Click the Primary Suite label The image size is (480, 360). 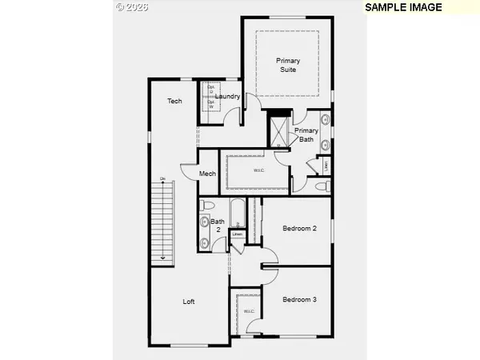(288, 65)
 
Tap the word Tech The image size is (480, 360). (174, 101)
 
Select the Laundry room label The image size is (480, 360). (229, 98)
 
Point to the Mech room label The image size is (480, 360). (207, 174)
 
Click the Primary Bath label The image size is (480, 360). (306, 135)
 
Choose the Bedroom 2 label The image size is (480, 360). (300, 229)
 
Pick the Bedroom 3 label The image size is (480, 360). (300, 299)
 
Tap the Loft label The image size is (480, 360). (189, 302)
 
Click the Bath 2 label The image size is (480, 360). (217, 226)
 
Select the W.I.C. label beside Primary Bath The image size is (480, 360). (258, 170)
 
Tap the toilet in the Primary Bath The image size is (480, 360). (322, 186)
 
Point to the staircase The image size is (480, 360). (162, 220)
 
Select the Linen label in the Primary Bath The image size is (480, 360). (326, 166)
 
